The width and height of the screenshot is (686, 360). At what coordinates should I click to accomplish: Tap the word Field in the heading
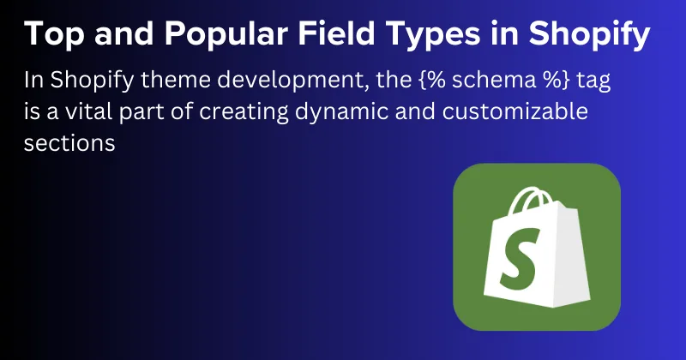[343, 34]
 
